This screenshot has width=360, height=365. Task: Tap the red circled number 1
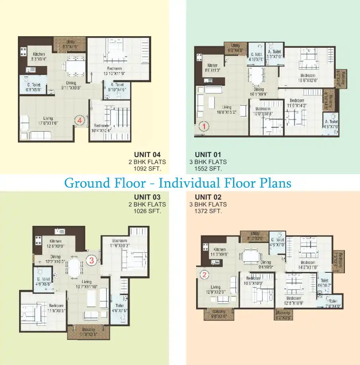point(203,126)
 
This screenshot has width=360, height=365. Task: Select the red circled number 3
point(91,261)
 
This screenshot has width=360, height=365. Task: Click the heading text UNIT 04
point(147,155)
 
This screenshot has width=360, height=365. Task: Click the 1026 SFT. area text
point(147,211)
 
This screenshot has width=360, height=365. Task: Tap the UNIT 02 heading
point(208,197)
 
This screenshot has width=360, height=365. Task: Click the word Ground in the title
point(88,183)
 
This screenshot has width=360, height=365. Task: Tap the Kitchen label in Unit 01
point(212,66)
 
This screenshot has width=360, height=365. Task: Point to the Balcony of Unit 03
point(88,332)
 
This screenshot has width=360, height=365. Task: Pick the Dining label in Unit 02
point(266,262)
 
